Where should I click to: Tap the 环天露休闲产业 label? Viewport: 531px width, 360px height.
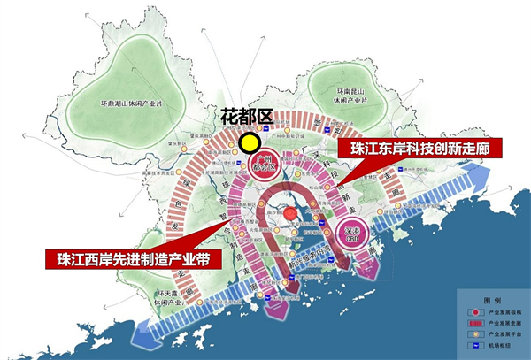click(171, 296)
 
